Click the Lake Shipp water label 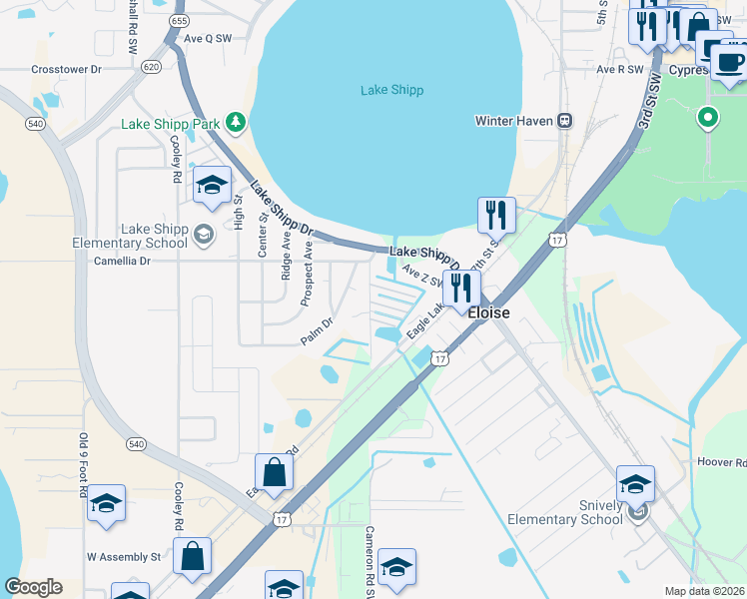[391, 91]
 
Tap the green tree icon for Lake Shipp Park [236, 123]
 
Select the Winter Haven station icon [564, 121]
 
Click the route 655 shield [179, 20]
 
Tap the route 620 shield [151, 67]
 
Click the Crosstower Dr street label [67, 70]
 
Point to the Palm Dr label [316, 332]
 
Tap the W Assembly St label [124, 556]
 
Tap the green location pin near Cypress [708, 118]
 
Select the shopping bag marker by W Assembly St [192, 555]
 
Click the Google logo [33, 587]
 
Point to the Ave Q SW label [208, 38]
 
